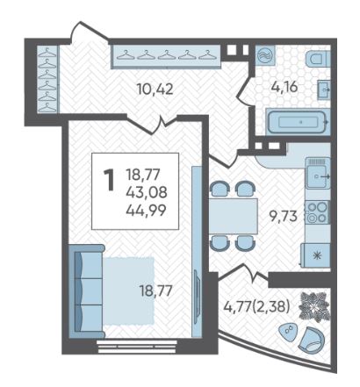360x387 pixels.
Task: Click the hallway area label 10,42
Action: point(155,89)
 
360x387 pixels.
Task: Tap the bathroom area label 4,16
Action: point(284,87)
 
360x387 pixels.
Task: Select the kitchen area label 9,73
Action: point(284,217)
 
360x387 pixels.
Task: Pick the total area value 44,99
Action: point(146,210)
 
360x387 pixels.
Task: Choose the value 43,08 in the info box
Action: point(147,192)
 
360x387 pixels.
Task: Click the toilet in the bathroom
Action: point(318,60)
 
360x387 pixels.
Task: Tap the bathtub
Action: point(298,122)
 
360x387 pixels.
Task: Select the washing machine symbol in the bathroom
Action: point(265,54)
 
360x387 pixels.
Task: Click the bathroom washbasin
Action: point(324,90)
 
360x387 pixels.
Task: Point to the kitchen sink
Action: point(318,173)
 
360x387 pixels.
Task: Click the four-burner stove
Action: point(316,212)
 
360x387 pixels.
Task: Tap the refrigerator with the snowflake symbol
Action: point(316,255)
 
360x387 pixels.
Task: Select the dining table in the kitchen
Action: point(233,216)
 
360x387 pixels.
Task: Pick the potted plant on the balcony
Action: point(314,307)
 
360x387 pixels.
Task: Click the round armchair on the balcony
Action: point(312,340)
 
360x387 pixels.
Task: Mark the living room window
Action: point(137,347)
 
